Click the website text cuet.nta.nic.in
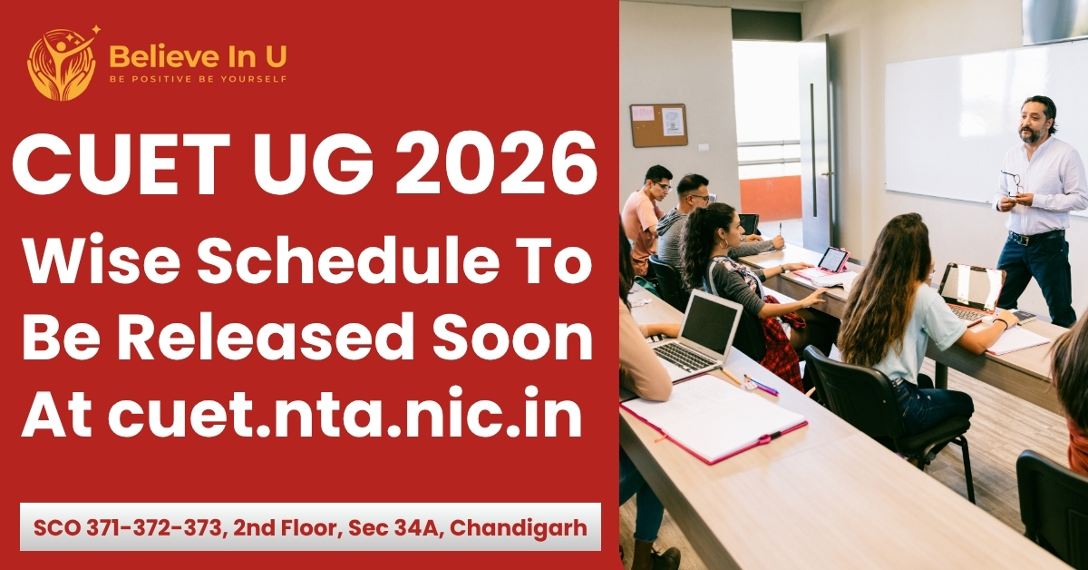coord(345,414)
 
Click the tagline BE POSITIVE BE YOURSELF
coord(198,79)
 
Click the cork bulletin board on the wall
coord(658,125)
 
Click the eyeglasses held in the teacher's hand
coord(1011,182)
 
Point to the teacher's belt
coord(1034,238)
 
